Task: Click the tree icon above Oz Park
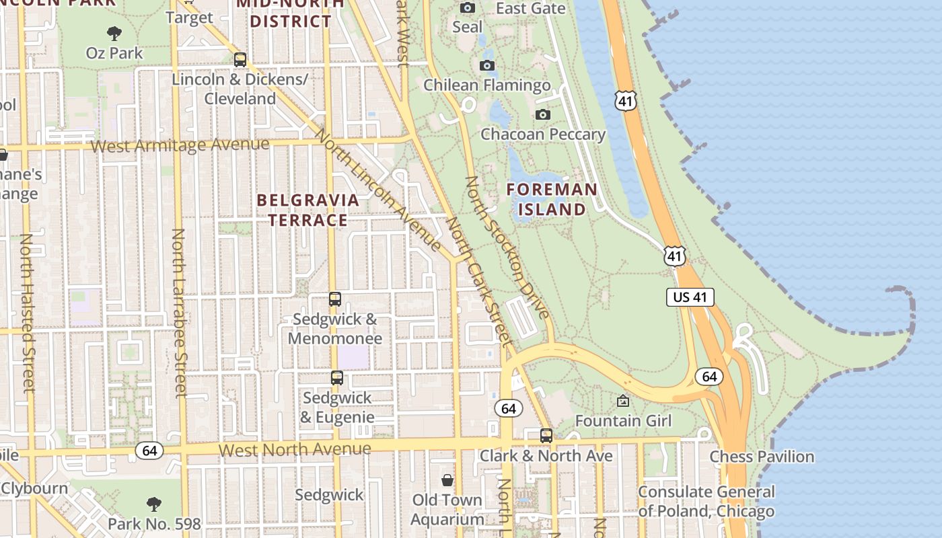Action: (114, 33)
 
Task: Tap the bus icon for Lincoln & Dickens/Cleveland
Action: (240, 59)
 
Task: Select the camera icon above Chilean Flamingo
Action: (487, 65)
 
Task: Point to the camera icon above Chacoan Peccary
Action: (543, 114)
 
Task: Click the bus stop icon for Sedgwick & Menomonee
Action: (335, 299)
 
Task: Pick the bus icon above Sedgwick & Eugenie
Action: (337, 378)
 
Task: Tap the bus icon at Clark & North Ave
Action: (546, 435)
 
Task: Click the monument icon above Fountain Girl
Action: (623, 401)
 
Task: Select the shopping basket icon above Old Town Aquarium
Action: (447, 480)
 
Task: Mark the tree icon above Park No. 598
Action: (154, 504)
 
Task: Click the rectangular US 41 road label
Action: (690, 297)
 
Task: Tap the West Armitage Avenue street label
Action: (180, 145)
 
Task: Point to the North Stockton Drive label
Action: (507, 247)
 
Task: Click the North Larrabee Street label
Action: (179, 313)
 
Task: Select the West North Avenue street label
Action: (295, 449)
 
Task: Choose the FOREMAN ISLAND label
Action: (552, 199)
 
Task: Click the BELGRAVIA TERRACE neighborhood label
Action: (308, 210)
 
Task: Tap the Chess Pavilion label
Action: (762, 457)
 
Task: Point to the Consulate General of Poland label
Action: (706, 501)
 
